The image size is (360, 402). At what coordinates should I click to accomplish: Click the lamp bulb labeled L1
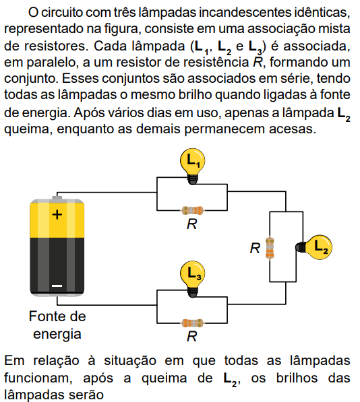click(x=192, y=166)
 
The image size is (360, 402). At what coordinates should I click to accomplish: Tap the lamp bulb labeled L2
click(x=314, y=247)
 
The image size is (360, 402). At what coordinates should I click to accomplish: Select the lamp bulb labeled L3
click(x=192, y=279)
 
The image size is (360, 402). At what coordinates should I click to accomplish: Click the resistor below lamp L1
click(x=192, y=211)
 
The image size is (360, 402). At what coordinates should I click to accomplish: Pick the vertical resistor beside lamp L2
click(x=270, y=248)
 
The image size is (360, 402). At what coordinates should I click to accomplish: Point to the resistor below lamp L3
click(x=192, y=323)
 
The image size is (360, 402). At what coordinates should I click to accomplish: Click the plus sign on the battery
click(x=57, y=215)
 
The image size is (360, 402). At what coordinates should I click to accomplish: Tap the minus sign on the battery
click(x=57, y=286)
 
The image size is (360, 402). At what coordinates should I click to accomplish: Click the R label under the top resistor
click(x=192, y=224)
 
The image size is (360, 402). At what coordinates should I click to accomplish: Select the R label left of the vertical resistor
click(x=255, y=248)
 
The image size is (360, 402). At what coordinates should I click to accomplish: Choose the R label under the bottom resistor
click(x=192, y=337)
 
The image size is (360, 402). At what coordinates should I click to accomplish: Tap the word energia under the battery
click(x=57, y=334)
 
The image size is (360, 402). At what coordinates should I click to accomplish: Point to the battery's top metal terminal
click(x=57, y=197)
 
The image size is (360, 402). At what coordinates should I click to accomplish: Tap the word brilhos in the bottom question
click(x=297, y=378)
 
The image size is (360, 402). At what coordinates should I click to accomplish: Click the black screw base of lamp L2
click(x=301, y=247)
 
